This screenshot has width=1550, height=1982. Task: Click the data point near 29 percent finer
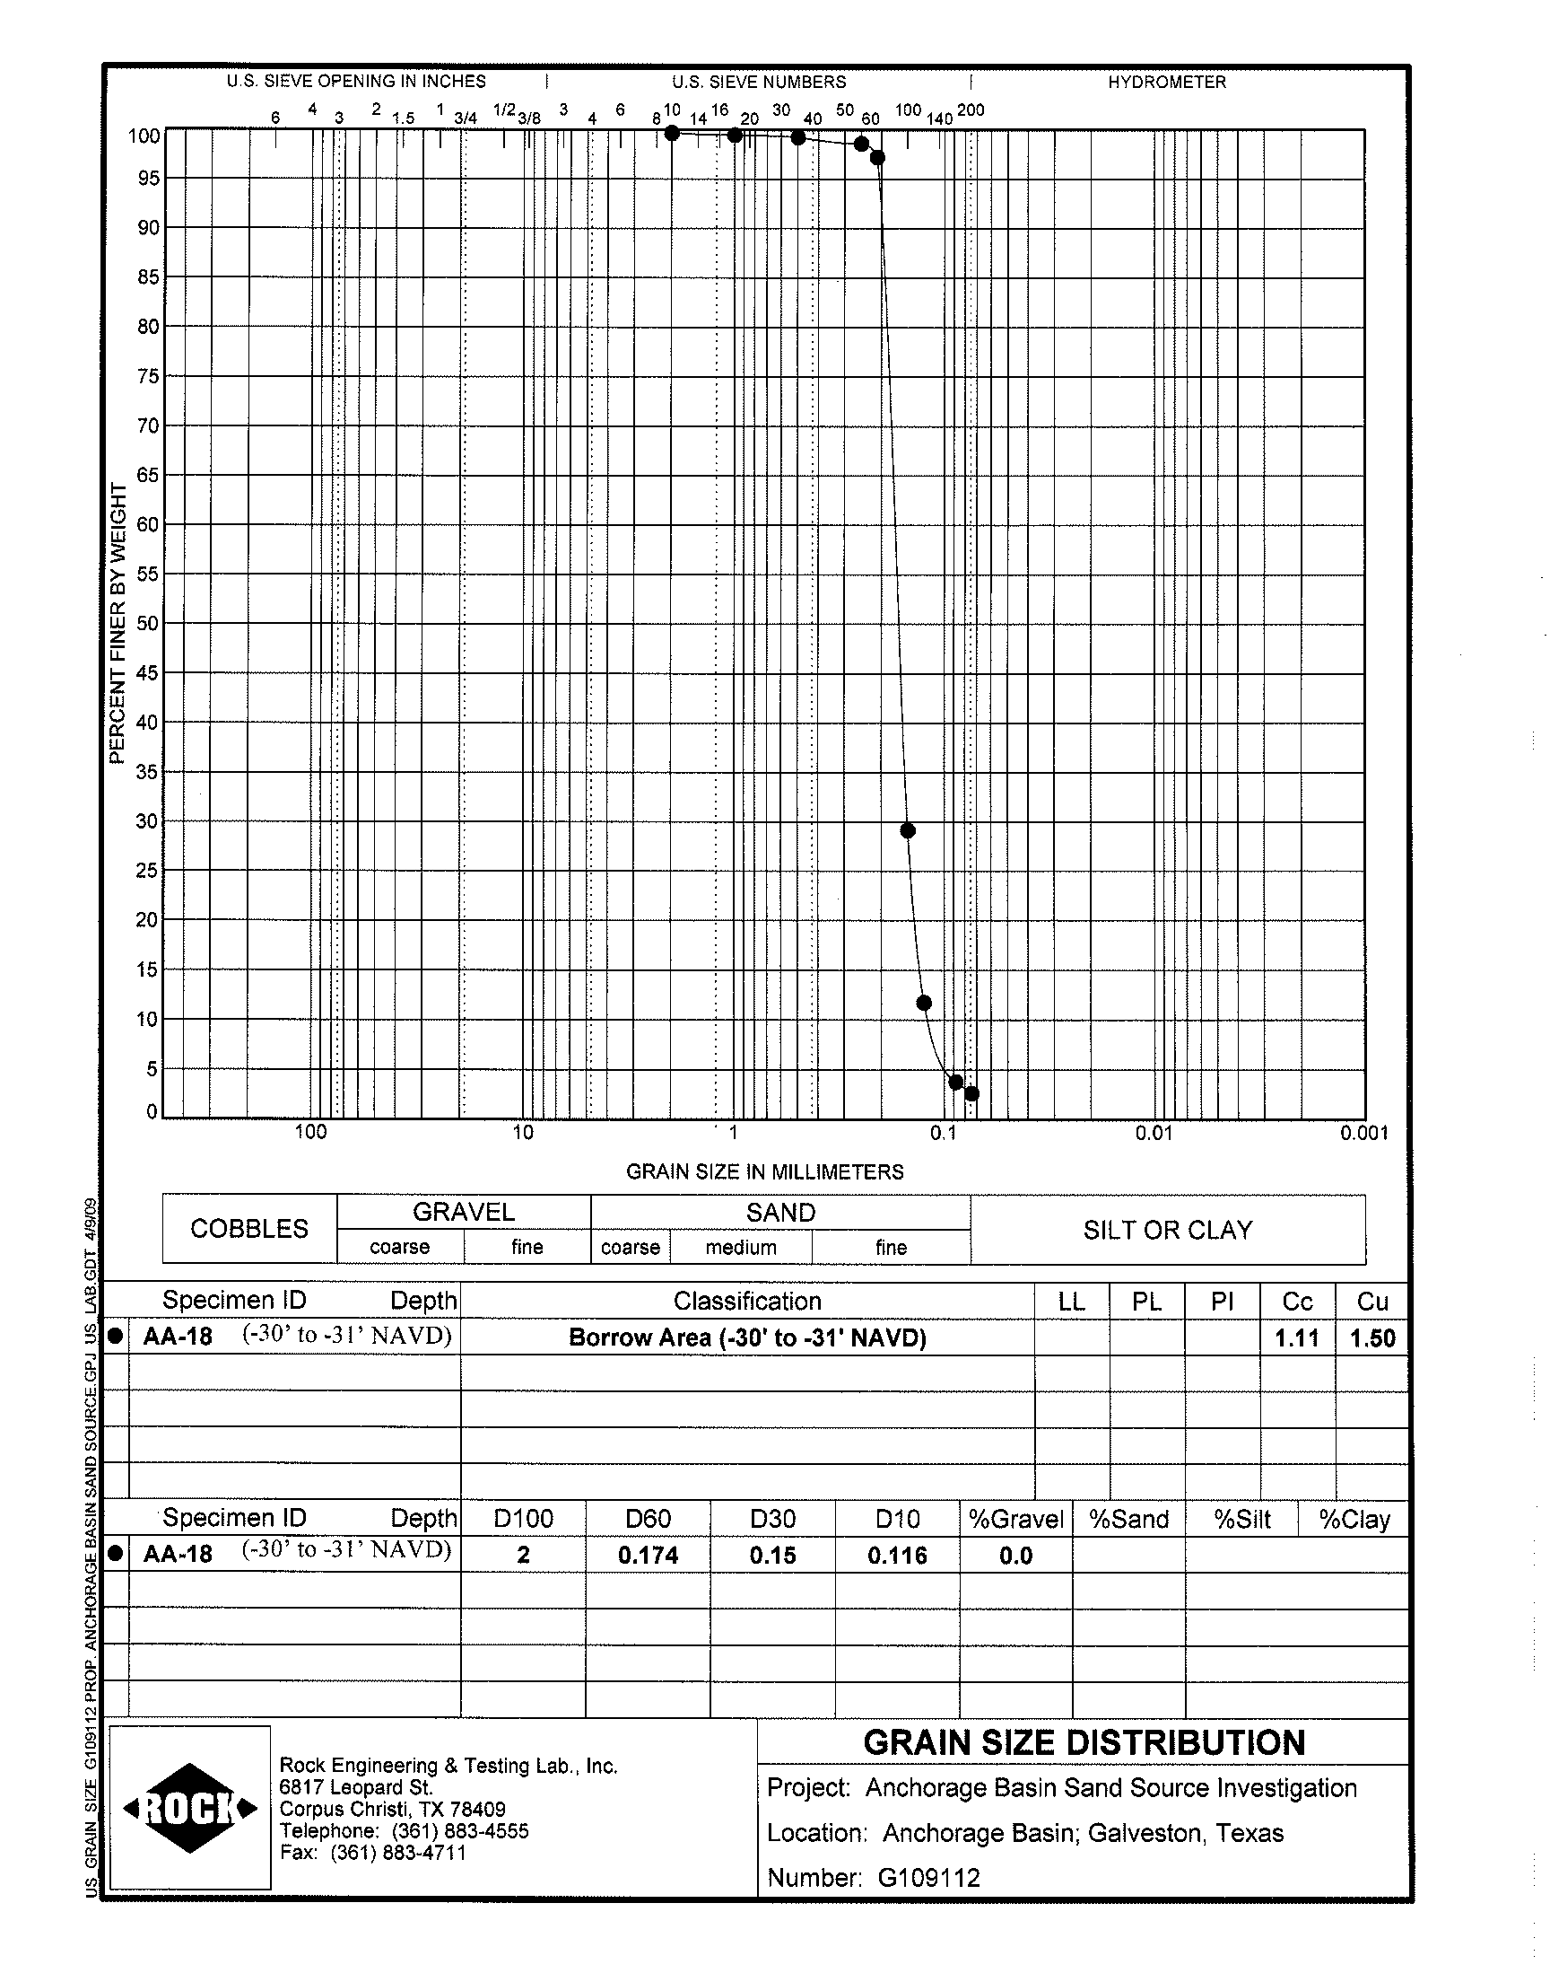[908, 829]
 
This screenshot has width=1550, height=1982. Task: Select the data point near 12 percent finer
[924, 1003]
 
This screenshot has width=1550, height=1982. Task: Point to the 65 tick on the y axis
[149, 475]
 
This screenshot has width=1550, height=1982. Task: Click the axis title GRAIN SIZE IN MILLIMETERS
[765, 1171]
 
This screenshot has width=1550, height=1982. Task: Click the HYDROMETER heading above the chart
[1166, 82]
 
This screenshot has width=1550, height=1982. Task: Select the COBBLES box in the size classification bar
[249, 1228]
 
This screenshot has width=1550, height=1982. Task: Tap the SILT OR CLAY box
[1167, 1230]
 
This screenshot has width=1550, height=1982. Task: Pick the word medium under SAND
[741, 1248]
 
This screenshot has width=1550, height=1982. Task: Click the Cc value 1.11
[1297, 1337]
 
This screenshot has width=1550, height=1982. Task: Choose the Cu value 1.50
[1372, 1337]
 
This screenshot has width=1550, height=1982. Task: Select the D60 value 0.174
[648, 1556]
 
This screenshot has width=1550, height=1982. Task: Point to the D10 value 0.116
[897, 1556]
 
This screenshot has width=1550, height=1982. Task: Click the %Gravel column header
[1015, 1519]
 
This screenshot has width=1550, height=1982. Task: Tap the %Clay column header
[1354, 1519]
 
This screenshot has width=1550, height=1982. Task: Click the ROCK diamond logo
[189, 1808]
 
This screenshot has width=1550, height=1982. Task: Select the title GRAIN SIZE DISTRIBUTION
[1084, 1742]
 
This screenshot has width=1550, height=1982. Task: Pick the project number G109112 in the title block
[928, 1878]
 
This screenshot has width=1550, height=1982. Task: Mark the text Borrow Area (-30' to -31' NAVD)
[747, 1337]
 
